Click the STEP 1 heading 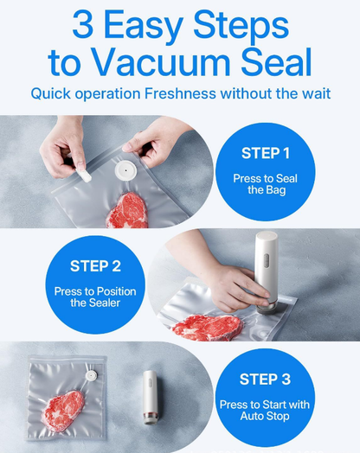pos(266,154)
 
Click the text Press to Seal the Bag pos(266,183)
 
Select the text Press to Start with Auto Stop pos(267,408)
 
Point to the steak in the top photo pos(128,209)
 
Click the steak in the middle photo pos(207,327)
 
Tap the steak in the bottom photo pos(64,410)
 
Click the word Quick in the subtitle pos(51,93)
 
